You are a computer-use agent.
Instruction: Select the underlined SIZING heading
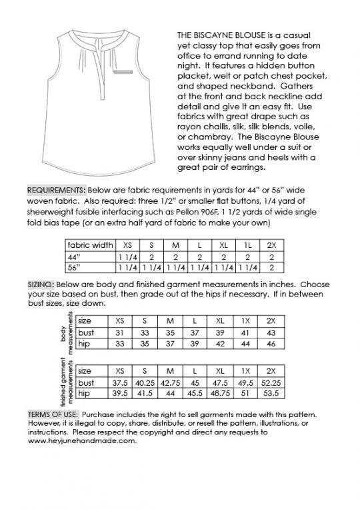pyautogui.click(x=41, y=283)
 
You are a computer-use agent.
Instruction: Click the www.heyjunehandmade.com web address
pyautogui.click(x=82, y=440)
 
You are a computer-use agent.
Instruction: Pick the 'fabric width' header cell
pyautogui.click(x=91, y=245)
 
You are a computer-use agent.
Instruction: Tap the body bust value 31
pyautogui.click(x=120, y=332)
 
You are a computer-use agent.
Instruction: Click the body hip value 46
pyautogui.click(x=271, y=344)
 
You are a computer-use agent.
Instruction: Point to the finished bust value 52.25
pyautogui.click(x=271, y=382)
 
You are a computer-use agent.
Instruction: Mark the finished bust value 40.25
pyautogui.click(x=145, y=382)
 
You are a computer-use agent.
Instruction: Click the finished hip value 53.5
pyautogui.click(x=271, y=394)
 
